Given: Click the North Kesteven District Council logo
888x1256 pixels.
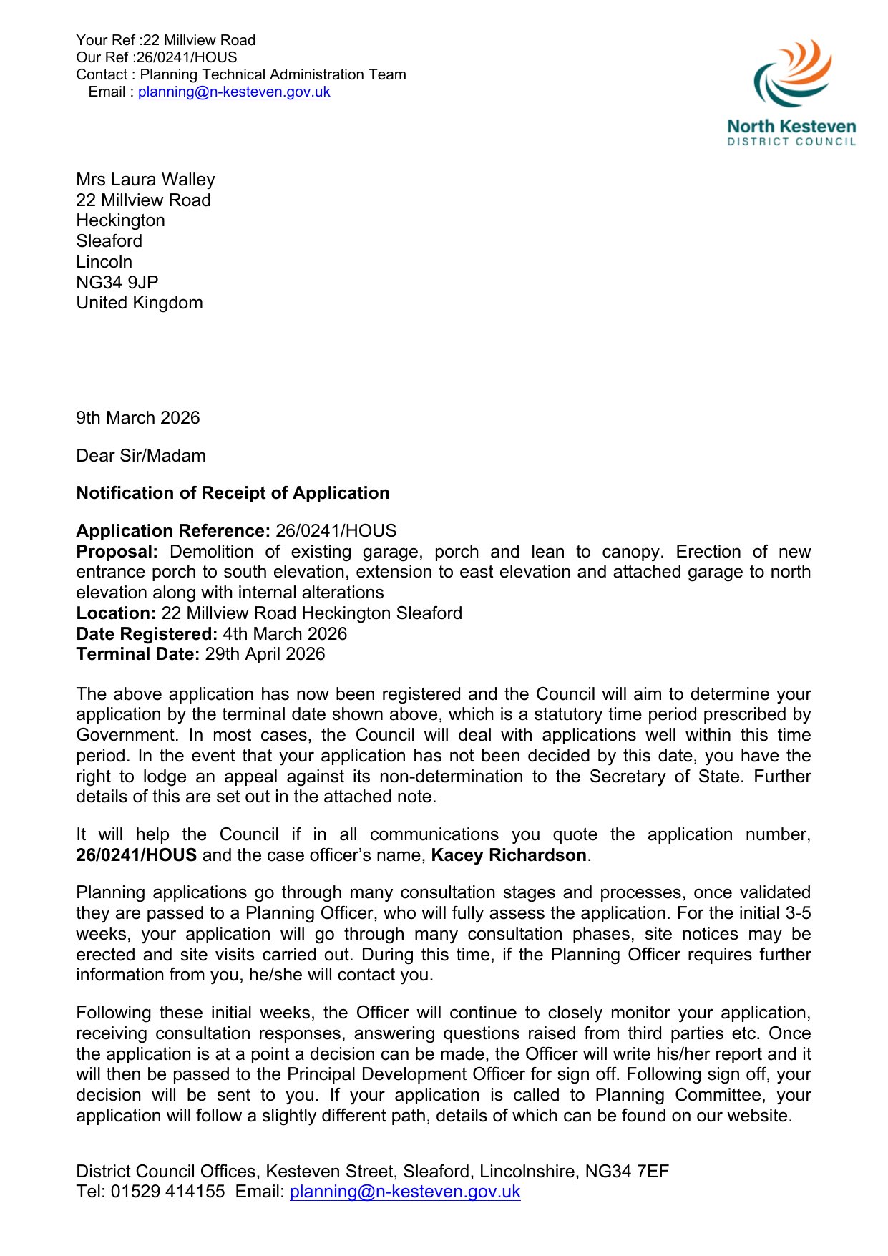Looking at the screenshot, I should [x=791, y=93].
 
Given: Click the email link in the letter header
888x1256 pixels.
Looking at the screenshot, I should [x=234, y=92].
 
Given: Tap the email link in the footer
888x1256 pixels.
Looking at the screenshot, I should [x=405, y=1191].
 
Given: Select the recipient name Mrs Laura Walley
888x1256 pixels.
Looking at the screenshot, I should [x=145, y=180].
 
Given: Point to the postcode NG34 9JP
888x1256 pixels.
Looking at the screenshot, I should [x=117, y=282].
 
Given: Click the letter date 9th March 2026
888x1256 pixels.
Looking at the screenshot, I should [x=138, y=418].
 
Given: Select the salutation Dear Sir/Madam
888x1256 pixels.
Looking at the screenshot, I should [x=141, y=456].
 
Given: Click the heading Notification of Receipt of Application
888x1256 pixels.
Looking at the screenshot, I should [x=233, y=493].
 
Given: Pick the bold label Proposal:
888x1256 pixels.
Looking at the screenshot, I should [x=117, y=552].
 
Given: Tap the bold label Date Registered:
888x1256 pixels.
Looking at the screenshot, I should [x=147, y=634].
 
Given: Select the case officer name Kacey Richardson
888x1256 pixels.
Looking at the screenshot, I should [x=509, y=855].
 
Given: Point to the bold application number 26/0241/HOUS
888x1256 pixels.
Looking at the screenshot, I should [x=136, y=855].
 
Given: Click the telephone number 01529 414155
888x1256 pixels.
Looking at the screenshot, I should [x=167, y=1191].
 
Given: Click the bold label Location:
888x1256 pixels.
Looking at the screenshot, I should [x=116, y=613].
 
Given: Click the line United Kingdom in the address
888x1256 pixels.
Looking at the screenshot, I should [x=140, y=303].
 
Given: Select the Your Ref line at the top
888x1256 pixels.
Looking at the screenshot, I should [x=165, y=40].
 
